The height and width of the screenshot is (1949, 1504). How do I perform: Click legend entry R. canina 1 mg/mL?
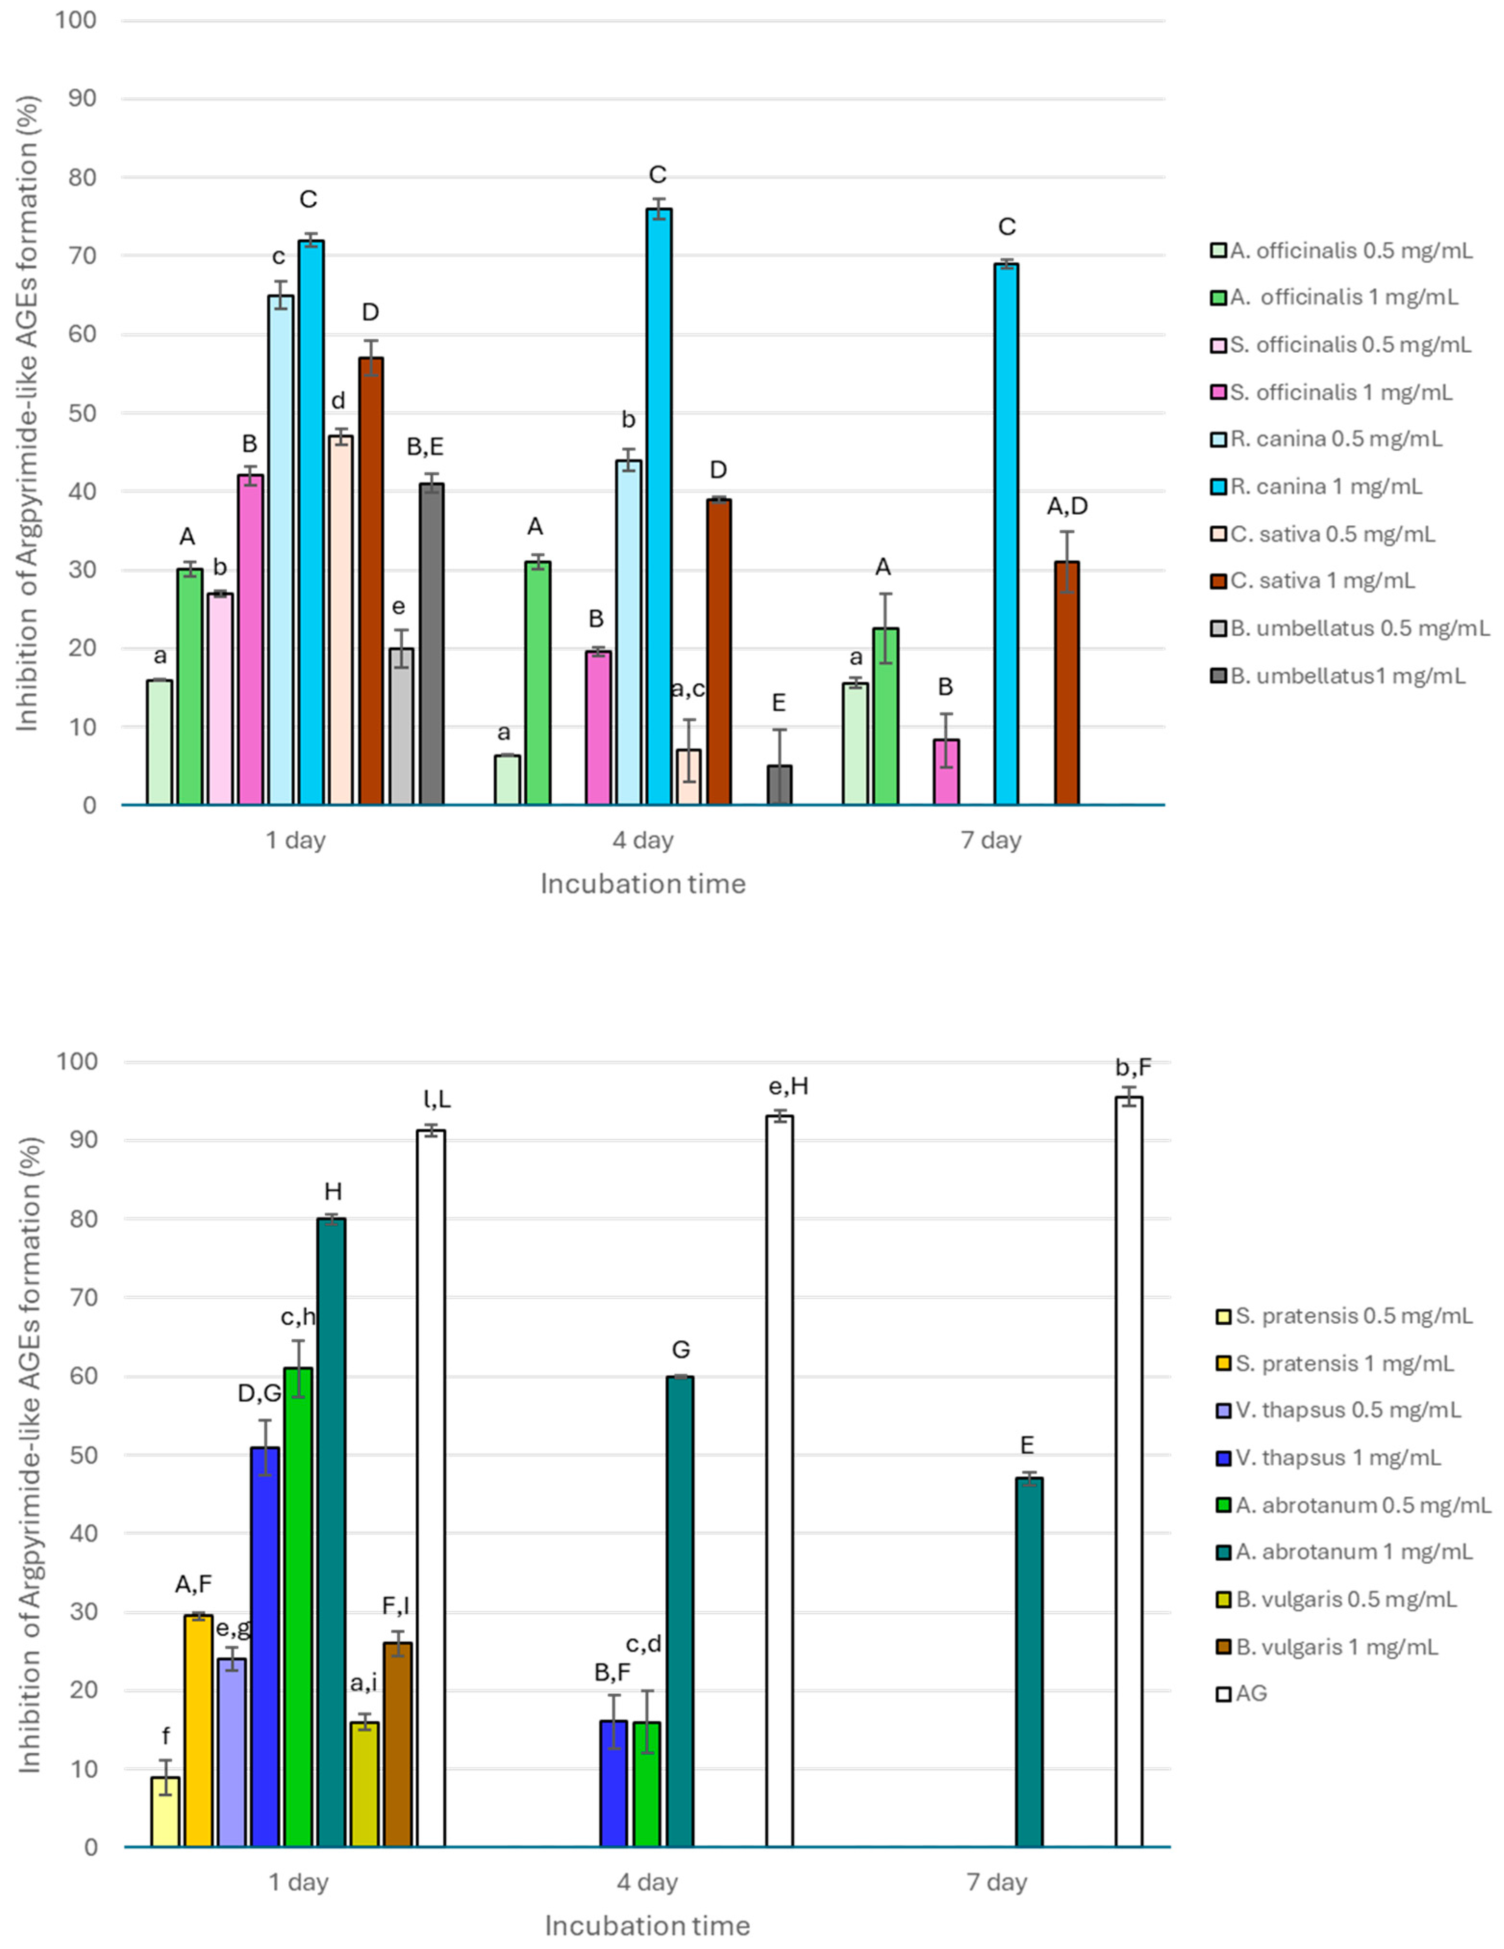1326,486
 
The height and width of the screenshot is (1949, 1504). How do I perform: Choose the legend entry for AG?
1250,1693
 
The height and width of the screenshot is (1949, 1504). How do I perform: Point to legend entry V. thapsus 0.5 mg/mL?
1348,1410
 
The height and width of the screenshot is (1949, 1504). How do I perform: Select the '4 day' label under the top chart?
644,840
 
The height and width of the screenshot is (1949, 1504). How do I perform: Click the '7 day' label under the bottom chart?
996,1882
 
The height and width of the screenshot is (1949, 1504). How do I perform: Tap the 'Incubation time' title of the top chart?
643,884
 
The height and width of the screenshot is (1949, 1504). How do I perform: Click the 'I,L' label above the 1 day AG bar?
432,1100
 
